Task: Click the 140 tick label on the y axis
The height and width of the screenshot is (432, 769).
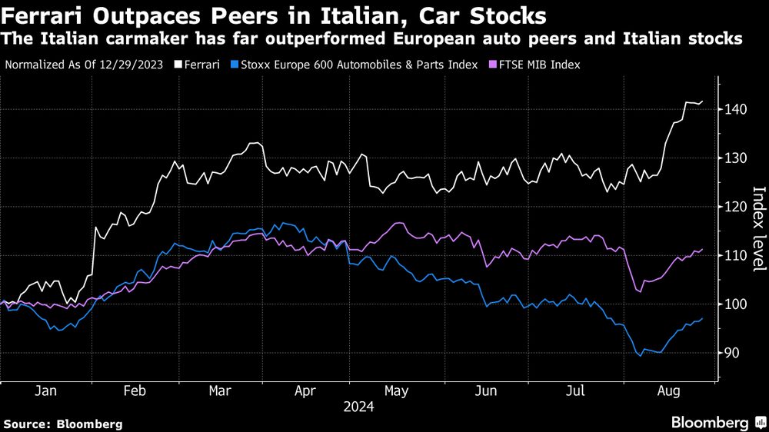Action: [736, 110]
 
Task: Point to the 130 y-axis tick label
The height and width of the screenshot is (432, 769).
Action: [736, 158]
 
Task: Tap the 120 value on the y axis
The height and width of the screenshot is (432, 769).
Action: [736, 207]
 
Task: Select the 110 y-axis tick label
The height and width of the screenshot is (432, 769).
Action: [736, 256]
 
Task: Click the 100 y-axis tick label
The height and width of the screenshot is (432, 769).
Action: [736, 304]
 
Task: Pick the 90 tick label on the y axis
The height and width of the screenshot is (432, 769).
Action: [733, 353]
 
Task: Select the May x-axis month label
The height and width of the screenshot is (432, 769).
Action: [398, 390]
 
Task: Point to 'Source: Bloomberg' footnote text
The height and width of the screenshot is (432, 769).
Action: [63, 424]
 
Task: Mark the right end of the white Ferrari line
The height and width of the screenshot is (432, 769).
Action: [702, 101]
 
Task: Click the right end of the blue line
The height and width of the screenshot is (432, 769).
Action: [702, 319]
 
